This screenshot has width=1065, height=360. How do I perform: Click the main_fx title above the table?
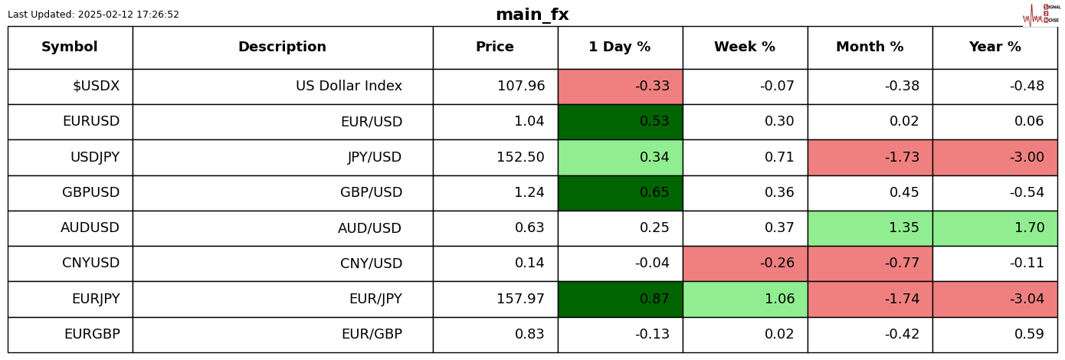532,15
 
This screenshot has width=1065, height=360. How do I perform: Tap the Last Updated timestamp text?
93,15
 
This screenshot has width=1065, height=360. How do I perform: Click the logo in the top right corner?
1041,15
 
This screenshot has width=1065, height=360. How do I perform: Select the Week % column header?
745,47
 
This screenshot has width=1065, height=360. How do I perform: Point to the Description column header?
282,47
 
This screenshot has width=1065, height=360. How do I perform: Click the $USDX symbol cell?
70,87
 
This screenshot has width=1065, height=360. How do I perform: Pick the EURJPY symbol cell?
70,299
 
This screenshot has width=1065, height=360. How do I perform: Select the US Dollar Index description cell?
282,87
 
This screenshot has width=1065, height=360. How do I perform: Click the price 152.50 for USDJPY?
495,158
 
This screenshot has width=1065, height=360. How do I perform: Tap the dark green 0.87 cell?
620,299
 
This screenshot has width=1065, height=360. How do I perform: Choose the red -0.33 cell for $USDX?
620,87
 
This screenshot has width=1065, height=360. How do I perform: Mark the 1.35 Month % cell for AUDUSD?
870,228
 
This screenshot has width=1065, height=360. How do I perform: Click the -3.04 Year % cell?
995,299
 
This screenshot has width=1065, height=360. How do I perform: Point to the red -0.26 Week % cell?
745,263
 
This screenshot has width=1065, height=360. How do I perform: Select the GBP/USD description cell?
282,193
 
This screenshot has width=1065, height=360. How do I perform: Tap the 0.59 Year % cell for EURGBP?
995,335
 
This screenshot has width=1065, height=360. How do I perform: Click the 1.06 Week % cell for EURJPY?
745,299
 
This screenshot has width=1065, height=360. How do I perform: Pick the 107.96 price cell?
495,87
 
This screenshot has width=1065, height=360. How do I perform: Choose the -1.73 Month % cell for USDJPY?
870,158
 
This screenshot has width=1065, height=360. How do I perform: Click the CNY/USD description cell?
282,263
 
